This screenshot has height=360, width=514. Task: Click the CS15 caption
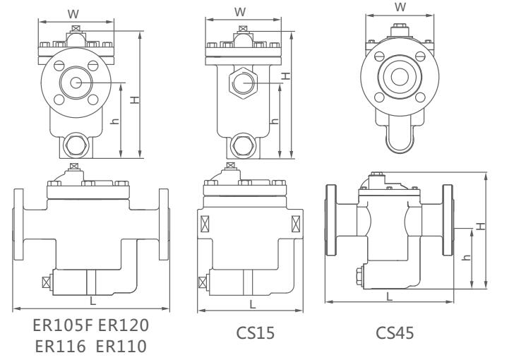250,332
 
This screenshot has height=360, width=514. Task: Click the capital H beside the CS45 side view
481,225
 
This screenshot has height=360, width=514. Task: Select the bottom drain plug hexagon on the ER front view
74,147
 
